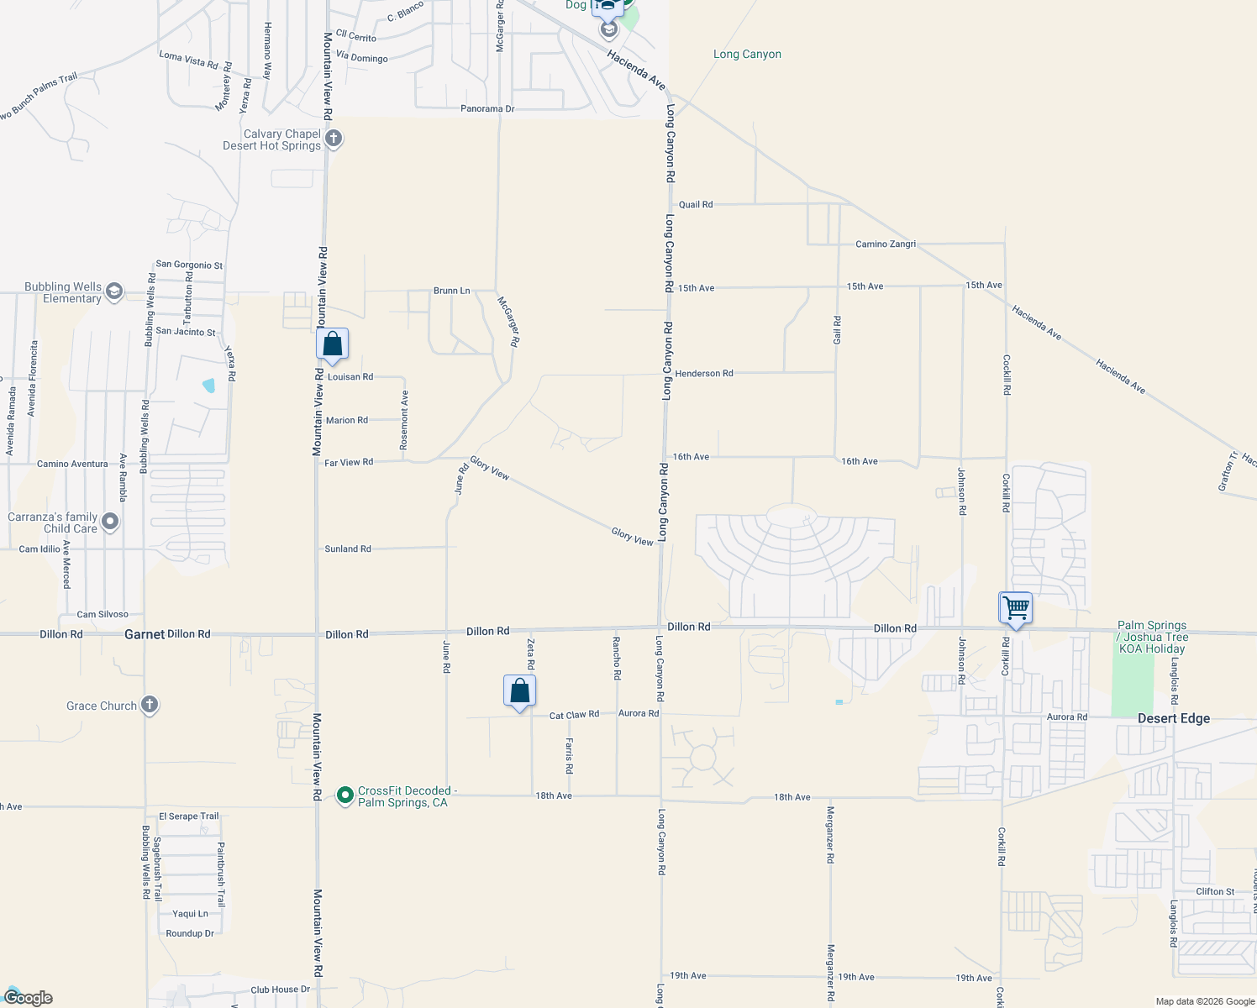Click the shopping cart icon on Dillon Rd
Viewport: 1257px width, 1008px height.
point(1016,607)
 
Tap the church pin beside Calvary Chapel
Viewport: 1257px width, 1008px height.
point(334,139)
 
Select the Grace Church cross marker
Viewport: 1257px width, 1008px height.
point(150,705)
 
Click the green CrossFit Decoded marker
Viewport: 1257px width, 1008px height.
point(344,795)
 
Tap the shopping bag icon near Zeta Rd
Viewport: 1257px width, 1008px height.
point(520,691)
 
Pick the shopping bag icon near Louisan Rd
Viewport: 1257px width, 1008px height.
point(333,344)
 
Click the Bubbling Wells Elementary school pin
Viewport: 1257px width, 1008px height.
point(114,291)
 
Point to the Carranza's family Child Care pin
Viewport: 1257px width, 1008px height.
point(110,522)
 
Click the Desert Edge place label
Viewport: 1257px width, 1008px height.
point(1173,718)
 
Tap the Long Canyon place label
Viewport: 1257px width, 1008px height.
point(747,55)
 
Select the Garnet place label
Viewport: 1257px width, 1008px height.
point(144,634)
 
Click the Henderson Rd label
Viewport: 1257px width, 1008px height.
point(704,373)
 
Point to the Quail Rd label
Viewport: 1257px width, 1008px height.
point(696,204)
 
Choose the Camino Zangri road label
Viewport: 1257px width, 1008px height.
point(886,244)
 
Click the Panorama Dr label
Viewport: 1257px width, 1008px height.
point(487,108)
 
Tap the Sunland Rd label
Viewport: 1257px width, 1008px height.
point(348,549)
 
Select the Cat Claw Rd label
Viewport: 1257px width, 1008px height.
point(574,716)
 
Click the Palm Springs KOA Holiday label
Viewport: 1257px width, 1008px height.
point(1152,637)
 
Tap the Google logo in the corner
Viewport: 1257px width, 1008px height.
point(29,998)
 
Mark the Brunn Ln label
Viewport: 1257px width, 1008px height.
point(451,291)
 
